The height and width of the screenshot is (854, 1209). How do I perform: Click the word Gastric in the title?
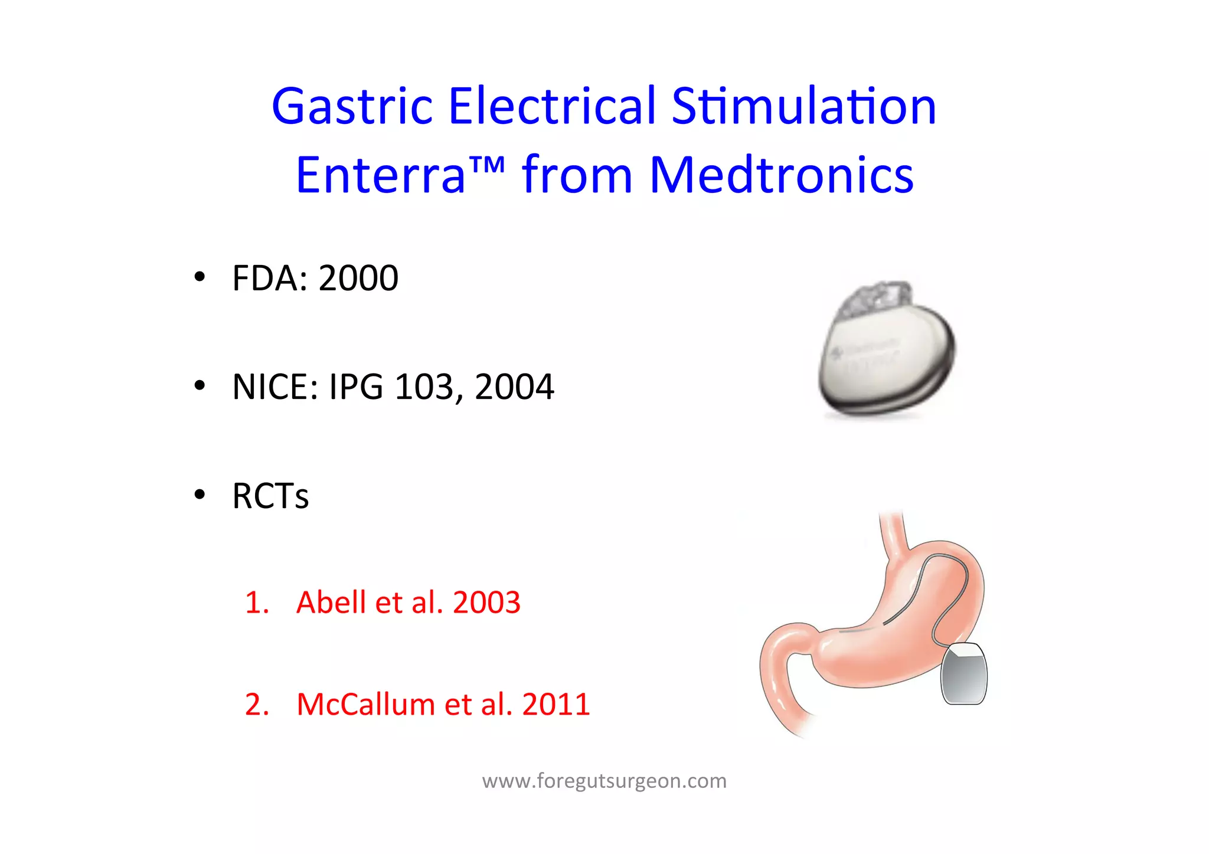(352, 107)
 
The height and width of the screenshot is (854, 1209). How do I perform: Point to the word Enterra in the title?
(381, 175)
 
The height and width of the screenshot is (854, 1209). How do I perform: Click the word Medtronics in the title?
(782, 175)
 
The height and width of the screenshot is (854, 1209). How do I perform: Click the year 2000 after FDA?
(358, 278)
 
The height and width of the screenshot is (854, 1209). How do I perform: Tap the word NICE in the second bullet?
(270, 387)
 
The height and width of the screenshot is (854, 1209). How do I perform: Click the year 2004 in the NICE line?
(514, 387)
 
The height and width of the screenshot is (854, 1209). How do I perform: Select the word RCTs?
(270, 496)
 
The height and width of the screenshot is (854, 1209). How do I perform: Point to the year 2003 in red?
(486, 603)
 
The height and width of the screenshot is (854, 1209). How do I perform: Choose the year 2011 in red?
(556, 704)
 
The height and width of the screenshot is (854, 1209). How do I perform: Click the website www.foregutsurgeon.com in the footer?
(604, 781)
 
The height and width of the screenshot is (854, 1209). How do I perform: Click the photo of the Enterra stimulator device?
(886, 351)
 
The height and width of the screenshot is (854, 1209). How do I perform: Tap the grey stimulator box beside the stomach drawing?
(963, 675)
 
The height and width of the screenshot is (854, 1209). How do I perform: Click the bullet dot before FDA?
(200, 277)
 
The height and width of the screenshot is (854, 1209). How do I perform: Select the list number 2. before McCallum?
(257, 704)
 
